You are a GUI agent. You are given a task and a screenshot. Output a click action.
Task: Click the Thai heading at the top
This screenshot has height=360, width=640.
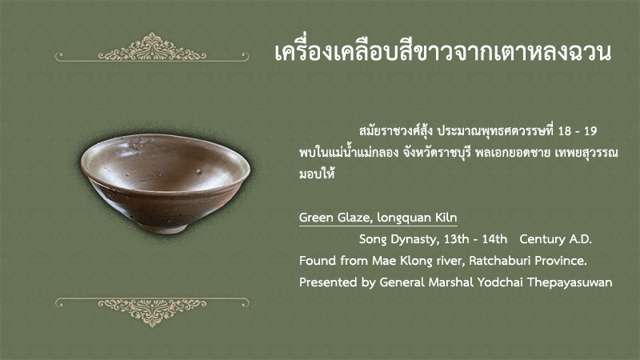coord(443,52)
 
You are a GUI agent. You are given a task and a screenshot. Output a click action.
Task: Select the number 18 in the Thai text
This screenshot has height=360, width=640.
coord(565,131)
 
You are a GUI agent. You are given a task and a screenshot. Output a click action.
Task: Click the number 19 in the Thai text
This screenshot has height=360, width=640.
coord(590,131)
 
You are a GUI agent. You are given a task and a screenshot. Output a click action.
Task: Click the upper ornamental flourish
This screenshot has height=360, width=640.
coord(152,48)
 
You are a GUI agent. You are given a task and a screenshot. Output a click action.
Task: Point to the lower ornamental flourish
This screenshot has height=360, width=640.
coord(152,311)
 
